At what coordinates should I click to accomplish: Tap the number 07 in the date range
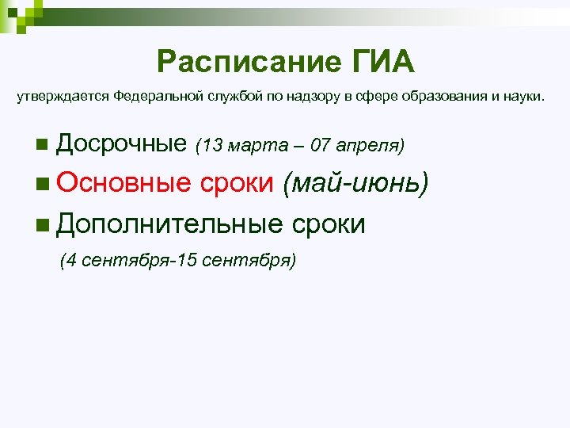click(321, 145)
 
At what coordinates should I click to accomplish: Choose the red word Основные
click(124, 184)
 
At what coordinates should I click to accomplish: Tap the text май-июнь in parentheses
click(356, 184)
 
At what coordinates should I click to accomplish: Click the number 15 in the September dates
click(189, 261)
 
